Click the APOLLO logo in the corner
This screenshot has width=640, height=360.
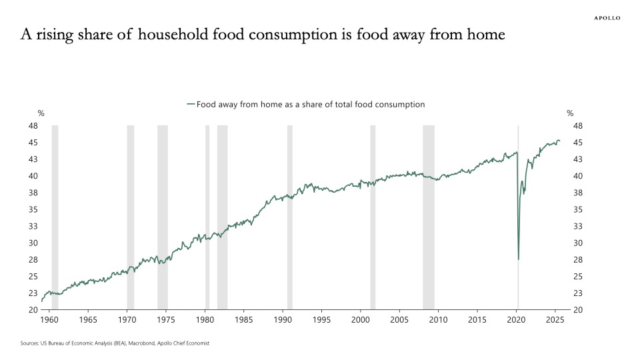point(607,18)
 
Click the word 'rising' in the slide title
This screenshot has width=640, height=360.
point(55,35)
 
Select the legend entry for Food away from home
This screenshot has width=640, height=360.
point(307,105)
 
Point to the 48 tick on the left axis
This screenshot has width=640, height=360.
point(33,126)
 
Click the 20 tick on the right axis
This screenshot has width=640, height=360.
point(578,310)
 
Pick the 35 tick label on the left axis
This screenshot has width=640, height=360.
point(33,209)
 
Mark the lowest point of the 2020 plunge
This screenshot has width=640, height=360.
point(519,259)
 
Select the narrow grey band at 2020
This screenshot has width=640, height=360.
point(519,200)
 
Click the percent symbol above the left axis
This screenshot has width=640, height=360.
point(41,113)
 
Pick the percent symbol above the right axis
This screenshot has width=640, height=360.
point(570,113)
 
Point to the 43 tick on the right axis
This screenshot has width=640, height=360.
point(578,159)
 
